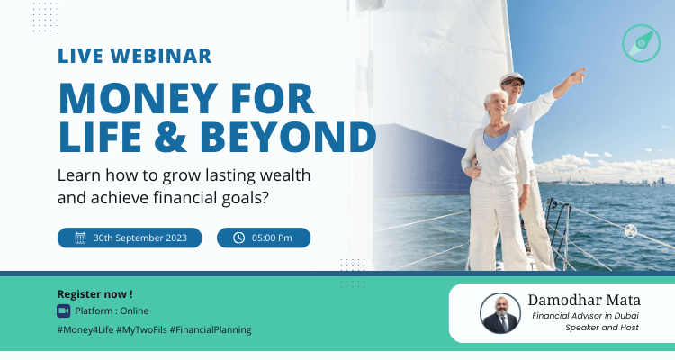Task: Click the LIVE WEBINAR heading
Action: [135, 56]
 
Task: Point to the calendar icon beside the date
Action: [80, 238]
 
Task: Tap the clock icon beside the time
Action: [238, 238]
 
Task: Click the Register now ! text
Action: [94, 293]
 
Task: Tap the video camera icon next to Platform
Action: [63, 310]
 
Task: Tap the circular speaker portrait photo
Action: [500, 313]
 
